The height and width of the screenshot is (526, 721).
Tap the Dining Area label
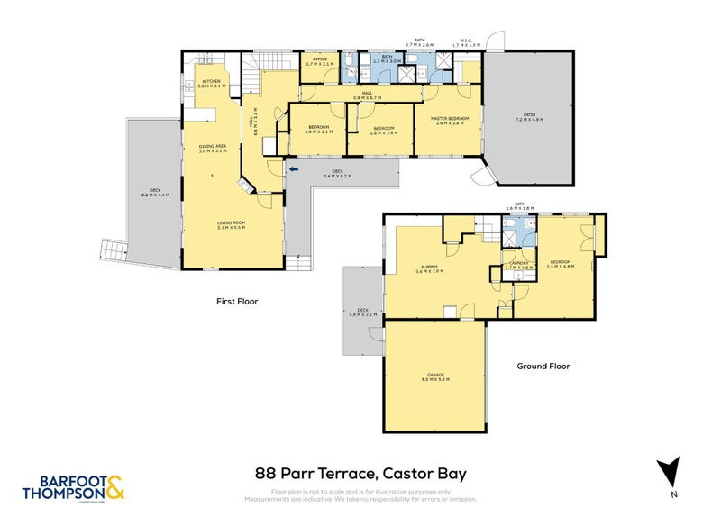(212, 150)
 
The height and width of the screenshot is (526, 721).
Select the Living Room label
(232, 225)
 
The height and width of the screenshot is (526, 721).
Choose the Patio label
(530, 119)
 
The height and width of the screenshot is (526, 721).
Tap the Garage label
(436, 377)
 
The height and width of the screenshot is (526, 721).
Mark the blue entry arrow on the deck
(294, 168)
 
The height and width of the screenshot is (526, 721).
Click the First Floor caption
(237, 301)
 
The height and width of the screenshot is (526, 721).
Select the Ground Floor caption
(543, 367)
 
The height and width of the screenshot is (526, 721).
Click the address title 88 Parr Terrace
(360, 473)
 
